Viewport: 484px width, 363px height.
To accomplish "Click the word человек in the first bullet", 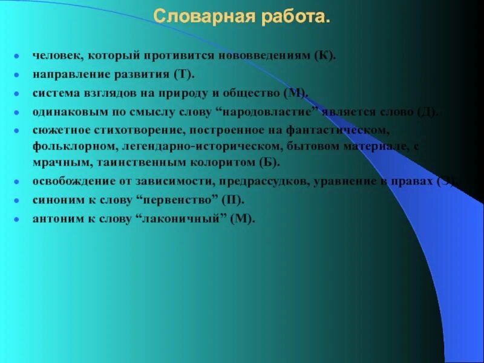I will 57,56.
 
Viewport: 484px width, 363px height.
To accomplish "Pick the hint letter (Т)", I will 185,74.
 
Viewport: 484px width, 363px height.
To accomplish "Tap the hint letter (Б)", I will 269,163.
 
